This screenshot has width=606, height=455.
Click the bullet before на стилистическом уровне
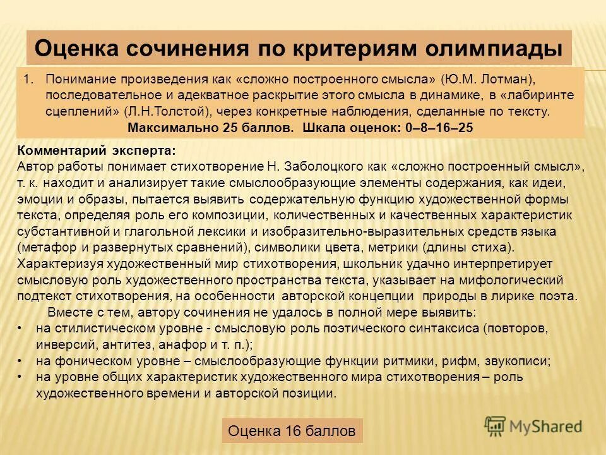pyautogui.click(x=20, y=329)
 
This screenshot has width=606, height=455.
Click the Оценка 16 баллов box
pyautogui.click(x=292, y=431)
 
